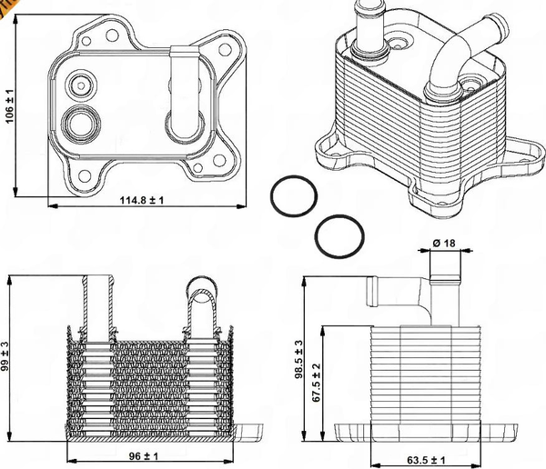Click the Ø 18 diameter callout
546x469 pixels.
444,243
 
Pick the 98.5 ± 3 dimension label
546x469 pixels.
300,358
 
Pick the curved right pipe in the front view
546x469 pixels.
205,304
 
